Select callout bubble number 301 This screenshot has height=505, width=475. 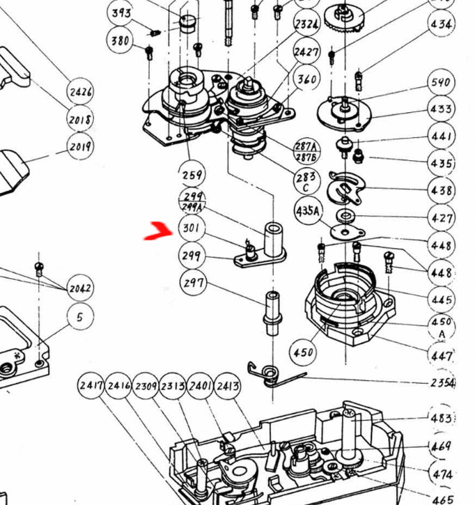pos(191,228)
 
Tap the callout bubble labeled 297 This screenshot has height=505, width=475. pos(192,283)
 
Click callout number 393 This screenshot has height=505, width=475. pos(122,12)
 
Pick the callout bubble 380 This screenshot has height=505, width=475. pos(120,40)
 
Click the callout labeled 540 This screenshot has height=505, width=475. pos(441,82)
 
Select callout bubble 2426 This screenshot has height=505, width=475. pos(80,91)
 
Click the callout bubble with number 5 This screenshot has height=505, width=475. pos(80,317)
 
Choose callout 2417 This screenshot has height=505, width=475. pos(91,385)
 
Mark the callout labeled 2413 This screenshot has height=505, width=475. pos(228,385)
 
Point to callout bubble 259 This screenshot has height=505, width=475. pos(192,174)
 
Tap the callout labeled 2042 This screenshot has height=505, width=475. pos(80,288)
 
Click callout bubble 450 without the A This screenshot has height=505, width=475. pos(303,352)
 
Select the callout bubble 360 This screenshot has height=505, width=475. pos(307,79)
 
